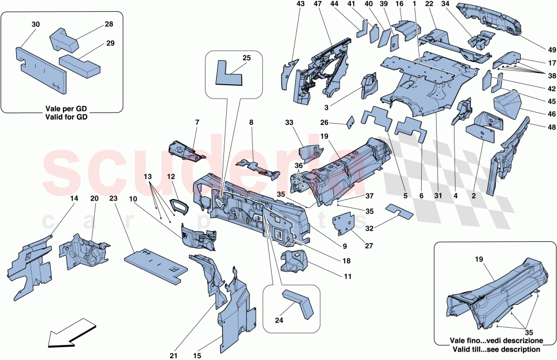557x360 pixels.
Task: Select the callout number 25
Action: click(x=247, y=58)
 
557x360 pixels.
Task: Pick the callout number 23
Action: click(x=114, y=197)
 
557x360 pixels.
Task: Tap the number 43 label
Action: click(x=300, y=4)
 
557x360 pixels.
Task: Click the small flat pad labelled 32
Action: click(x=400, y=210)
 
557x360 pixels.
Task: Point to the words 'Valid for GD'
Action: click(x=62, y=117)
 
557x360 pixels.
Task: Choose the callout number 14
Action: click(x=75, y=197)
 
